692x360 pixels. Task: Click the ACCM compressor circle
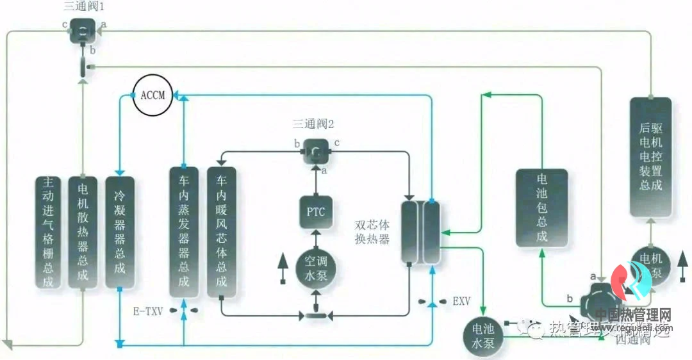[x=152, y=96]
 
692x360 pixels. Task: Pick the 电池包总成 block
[x=541, y=208]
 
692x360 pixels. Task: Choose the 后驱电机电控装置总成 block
[x=650, y=157]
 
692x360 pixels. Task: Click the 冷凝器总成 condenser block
[x=119, y=232]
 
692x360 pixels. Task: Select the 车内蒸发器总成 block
[x=183, y=232]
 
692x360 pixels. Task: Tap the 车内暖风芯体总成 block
[x=221, y=232]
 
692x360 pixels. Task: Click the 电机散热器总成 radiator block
[x=83, y=232]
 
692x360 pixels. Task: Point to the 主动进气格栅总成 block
[x=49, y=232]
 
